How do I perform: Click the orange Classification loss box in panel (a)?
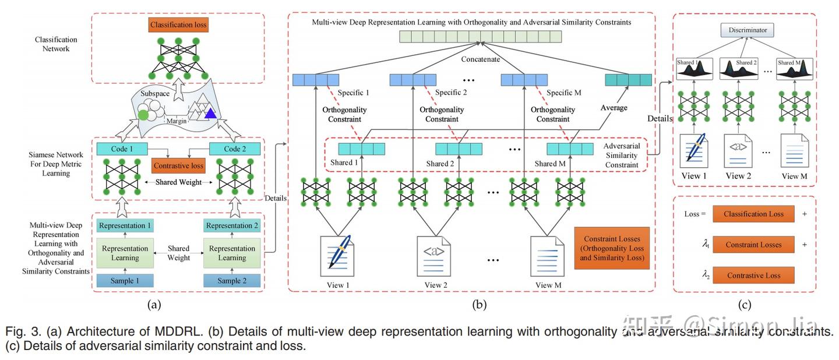[x=178, y=25]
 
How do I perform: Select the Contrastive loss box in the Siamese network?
[x=178, y=166]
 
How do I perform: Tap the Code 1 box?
[x=122, y=149]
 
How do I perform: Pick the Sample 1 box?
[x=125, y=281]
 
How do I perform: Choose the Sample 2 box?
[x=232, y=281]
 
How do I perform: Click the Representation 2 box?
[x=232, y=226]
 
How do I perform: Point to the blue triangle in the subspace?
[x=210, y=114]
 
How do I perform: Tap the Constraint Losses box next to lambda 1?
[x=753, y=245]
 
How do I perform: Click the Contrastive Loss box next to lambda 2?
[x=753, y=275]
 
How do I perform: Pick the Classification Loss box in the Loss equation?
[x=753, y=214]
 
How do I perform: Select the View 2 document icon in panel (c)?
[x=739, y=150]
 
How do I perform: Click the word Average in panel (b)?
[x=615, y=108]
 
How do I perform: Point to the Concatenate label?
[x=481, y=59]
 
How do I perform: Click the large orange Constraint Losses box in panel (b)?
[x=612, y=248]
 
